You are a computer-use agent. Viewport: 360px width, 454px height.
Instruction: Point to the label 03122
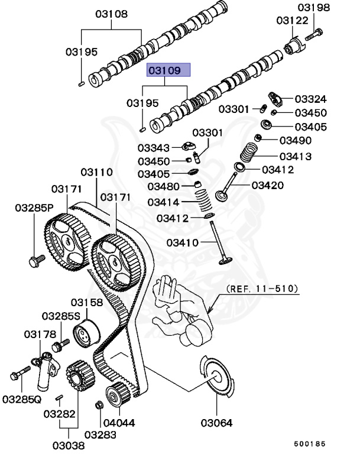(291, 21)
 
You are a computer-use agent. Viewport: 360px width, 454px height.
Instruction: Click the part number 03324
(310, 99)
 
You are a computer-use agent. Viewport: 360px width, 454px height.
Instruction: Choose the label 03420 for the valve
(267, 186)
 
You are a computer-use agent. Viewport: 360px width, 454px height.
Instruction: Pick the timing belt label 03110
(96, 172)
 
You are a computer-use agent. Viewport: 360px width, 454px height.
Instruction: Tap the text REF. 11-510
(262, 290)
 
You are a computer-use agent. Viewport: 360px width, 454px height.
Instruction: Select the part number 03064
(216, 423)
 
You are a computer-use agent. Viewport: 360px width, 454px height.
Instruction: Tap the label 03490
(295, 140)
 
